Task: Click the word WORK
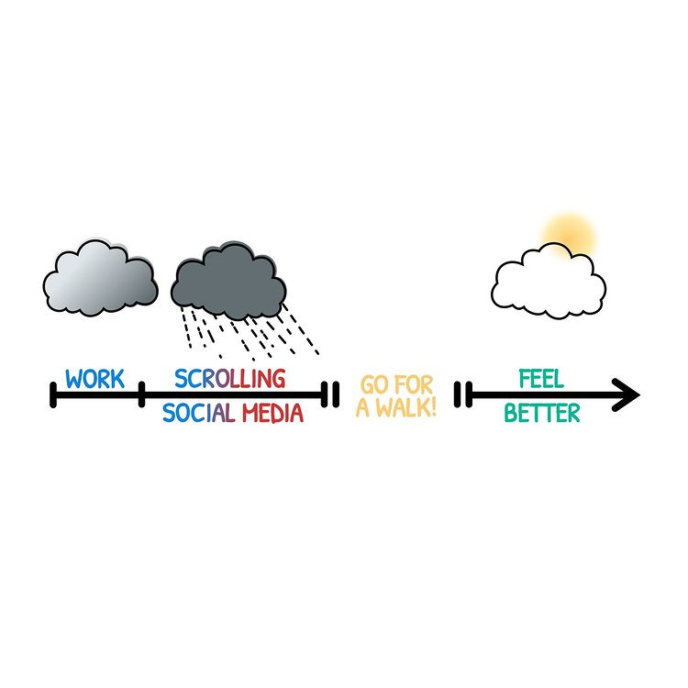pyautogui.click(x=94, y=379)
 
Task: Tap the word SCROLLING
pyautogui.click(x=230, y=379)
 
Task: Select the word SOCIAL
pyautogui.click(x=199, y=413)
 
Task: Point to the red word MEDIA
pyautogui.click(x=273, y=413)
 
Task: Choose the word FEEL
pyautogui.click(x=541, y=379)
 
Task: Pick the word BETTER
pyautogui.click(x=542, y=413)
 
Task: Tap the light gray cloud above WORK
pyautogui.click(x=101, y=278)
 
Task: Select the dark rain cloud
pyautogui.click(x=228, y=281)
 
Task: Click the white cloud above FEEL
pyautogui.click(x=549, y=281)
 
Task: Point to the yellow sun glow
pyautogui.click(x=569, y=237)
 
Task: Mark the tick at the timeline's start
pyautogui.click(x=53, y=394)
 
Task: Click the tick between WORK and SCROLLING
pyautogui.click(x=141, y=394)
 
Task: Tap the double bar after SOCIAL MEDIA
pyautogui.click(x=330, y=394)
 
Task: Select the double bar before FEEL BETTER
pyautogui.click(x=463, y=394)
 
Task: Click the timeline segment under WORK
pyautogui.click(x=97, y=394)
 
